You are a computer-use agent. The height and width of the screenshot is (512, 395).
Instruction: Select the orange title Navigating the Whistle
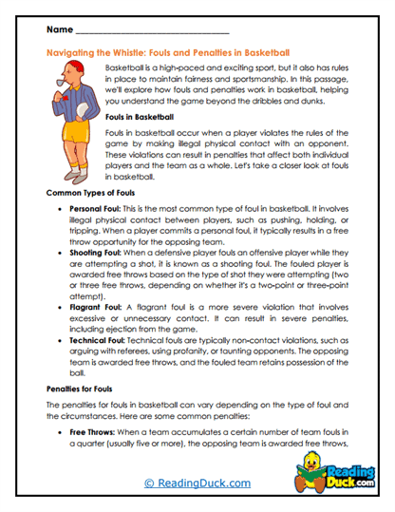168,53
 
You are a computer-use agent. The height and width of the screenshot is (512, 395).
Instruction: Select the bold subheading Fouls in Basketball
139,116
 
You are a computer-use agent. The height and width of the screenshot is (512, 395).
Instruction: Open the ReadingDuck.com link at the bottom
197,483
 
